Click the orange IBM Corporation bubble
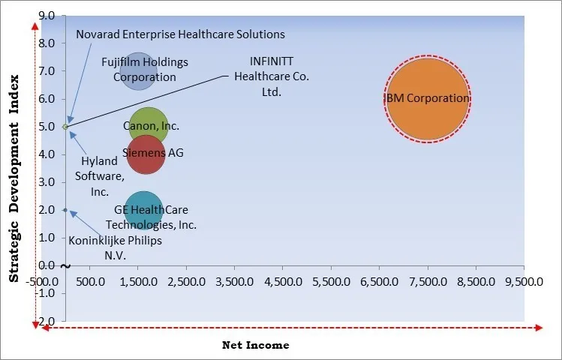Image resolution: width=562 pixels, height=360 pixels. (x=428, y=99)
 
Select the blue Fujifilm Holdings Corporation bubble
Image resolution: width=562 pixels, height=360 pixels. (x=138, y=70)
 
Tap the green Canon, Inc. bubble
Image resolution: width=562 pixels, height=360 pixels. (x=148, y=127)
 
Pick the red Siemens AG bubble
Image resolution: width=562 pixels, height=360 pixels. (x=146, y=154)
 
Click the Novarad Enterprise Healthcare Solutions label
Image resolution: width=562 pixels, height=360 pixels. (x=180, y=34)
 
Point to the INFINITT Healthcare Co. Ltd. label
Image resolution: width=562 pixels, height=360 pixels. (x=272, y=77)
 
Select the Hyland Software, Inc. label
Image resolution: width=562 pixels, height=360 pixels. (x=99, y=176)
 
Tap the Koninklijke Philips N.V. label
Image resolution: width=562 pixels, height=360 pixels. (x=115, y=248)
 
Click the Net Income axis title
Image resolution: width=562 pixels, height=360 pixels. (x=255, y=346)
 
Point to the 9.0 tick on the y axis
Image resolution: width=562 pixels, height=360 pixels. (x=46, y=16)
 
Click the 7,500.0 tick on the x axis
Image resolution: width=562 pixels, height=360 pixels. (x=427, y=282)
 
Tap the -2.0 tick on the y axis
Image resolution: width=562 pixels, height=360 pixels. (x=44, y=321)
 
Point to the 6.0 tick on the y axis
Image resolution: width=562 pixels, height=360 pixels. (x=46, y=99)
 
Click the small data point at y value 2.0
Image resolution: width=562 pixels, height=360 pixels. (x=65, y=210)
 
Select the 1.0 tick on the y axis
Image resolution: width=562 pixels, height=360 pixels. (x=46, y=238)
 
